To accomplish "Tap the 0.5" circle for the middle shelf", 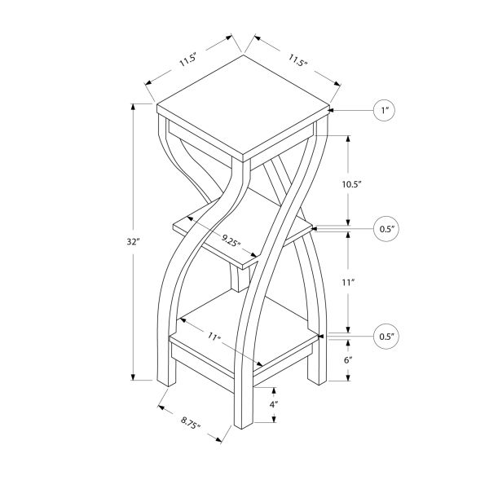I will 385,229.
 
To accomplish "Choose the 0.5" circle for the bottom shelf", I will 385,336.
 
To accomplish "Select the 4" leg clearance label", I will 275,404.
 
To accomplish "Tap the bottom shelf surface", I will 244,326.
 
